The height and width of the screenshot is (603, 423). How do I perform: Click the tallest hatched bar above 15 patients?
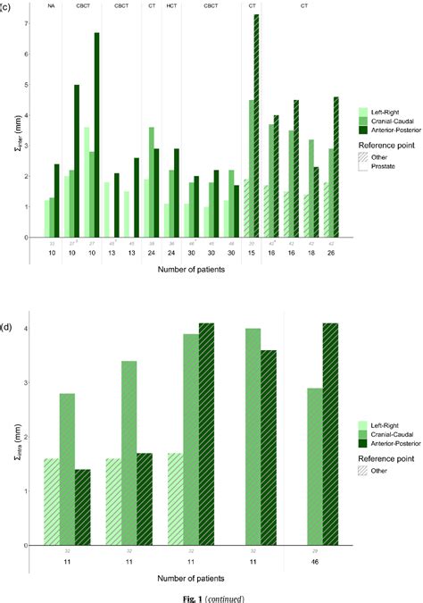coord(257,125)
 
